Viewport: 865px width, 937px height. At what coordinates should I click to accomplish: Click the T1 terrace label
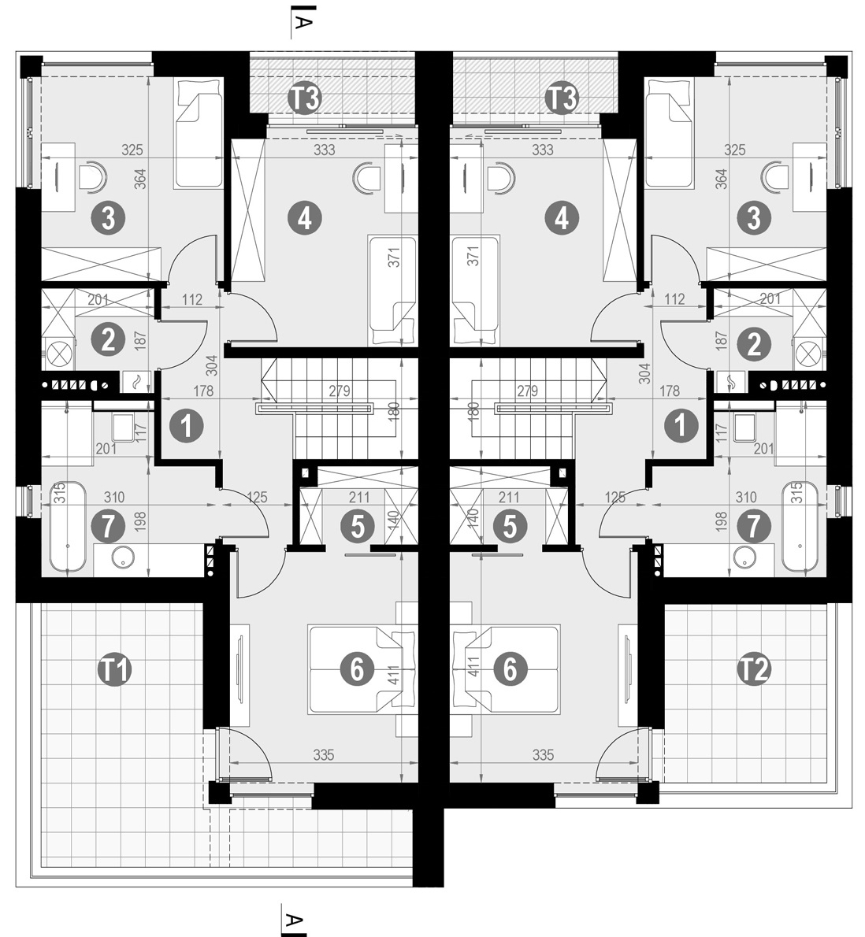coord(115,670)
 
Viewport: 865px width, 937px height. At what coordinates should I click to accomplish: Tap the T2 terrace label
coord(754,670)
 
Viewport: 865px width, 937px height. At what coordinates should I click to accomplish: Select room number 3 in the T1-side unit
coord(108,218)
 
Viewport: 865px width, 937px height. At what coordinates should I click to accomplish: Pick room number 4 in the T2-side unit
coord(562,218)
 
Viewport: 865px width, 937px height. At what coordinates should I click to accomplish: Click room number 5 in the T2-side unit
coord(510,527)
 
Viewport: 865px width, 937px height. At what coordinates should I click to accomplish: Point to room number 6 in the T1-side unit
coord(357,670)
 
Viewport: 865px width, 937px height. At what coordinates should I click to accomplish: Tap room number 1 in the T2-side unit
coord(681,426)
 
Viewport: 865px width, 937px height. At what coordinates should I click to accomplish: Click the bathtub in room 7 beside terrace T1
coord(67,527)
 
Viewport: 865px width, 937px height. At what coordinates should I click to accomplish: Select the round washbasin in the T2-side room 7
coord(745,557)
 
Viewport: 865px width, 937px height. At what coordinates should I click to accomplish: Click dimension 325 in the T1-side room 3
coord(132,150)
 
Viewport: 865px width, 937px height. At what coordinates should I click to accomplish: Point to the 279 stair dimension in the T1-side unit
coord(339,391)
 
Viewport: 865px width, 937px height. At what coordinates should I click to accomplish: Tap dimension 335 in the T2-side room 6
coord(543,755)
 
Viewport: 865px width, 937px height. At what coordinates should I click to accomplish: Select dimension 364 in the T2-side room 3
coord(722,180)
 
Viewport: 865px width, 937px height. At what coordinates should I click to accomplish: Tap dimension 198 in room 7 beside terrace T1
coord(140,522)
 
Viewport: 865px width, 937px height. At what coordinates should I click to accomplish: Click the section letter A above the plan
coord(303,23)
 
